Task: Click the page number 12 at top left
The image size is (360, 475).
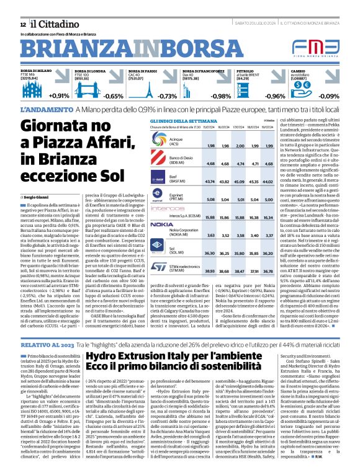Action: tap(14, 24)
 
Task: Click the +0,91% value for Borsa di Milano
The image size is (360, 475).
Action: tap(59, 96)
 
